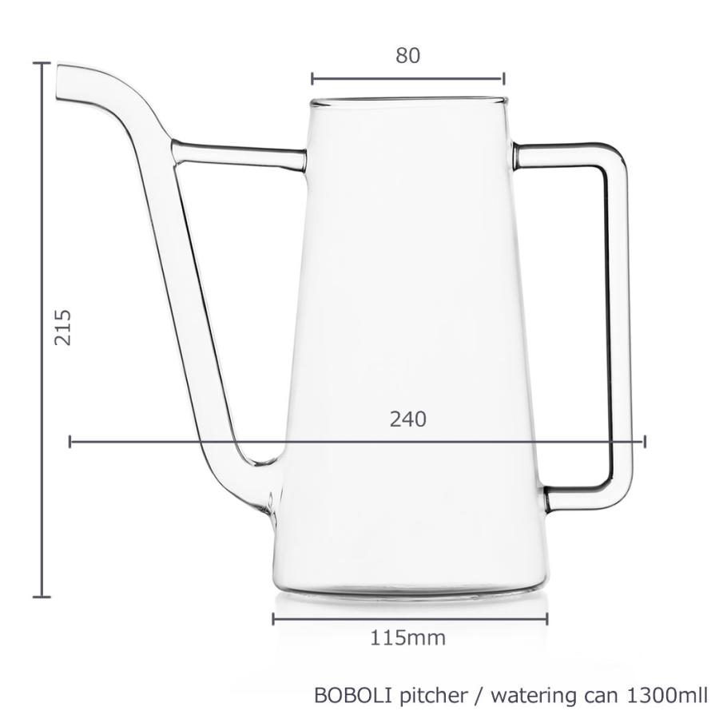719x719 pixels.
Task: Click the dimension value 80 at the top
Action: click(x=407, y=55)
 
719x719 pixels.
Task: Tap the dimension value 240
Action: click(x=407, y=419)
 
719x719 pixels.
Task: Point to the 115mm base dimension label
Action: click(x=407, y=638)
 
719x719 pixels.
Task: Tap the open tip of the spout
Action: click(x=58, y=83)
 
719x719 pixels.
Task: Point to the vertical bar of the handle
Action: click(x=617, y=320)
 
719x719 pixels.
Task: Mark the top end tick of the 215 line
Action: click(x=42, y=62)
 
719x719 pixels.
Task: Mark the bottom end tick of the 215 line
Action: click(x=42, y=596)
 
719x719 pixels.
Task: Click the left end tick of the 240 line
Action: click(x=70, y=441)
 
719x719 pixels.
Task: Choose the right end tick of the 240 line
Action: click(x=645, y=441)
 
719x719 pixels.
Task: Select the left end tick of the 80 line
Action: click(x=312, y=78)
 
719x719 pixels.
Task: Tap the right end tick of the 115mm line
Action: click(x=547, y=619)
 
